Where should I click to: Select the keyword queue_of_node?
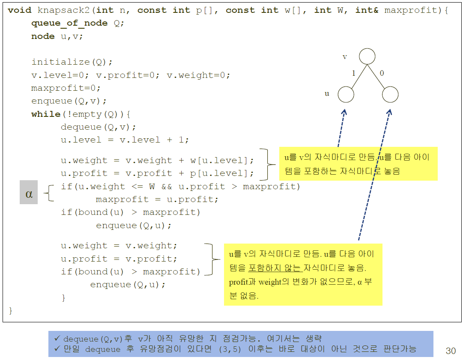click(x=69, y=24)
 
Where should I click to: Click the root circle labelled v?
click(x=367, y=57)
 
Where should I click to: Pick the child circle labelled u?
click(x=346, y=95)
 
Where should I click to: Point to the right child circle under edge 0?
click(x=390, y=95)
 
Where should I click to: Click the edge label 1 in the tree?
click(x=354, y=73)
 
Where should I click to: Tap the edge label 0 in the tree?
click(x=382, y=73)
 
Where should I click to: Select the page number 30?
click(x=451, y=351)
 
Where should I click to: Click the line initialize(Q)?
click(x=72, y=62)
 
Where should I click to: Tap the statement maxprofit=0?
click(x=66, y=88)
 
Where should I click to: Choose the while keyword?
click(x=46, y=114)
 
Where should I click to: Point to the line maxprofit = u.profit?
click(x=157, y=199)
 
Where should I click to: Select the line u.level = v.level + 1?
click(x=125, y=140)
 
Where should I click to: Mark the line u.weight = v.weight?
click(x=119, y=246)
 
